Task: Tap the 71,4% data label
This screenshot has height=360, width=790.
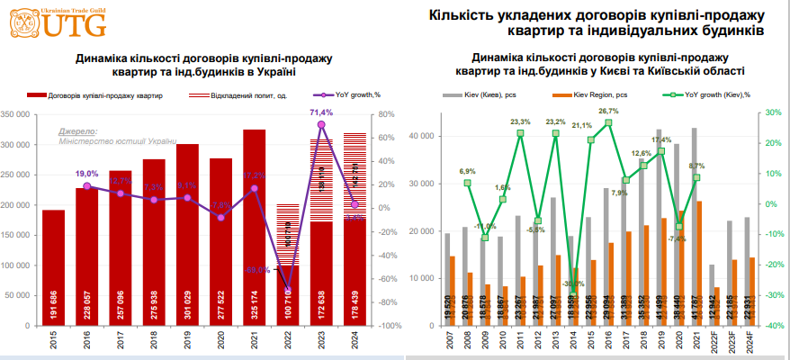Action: [x=321, y=112]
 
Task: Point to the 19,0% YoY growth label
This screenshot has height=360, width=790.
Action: [x=86, y=173]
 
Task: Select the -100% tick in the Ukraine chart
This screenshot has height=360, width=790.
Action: [x=379, y=326]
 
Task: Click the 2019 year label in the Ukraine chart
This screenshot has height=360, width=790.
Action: [x=187, y=341]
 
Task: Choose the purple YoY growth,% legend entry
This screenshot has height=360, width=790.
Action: [x=346, y=94]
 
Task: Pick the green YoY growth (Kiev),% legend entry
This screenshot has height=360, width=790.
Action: [x=706, y=94]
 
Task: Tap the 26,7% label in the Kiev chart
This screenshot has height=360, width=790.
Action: [x=609, y=112]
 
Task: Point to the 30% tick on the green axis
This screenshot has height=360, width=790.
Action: [x=771, y=112]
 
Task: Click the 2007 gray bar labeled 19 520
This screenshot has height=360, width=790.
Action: [x=447, y=279]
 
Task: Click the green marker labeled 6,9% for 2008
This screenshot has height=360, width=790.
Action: [x=468, y=183]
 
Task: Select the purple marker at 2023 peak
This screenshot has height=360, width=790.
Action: [x=321, y=124]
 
